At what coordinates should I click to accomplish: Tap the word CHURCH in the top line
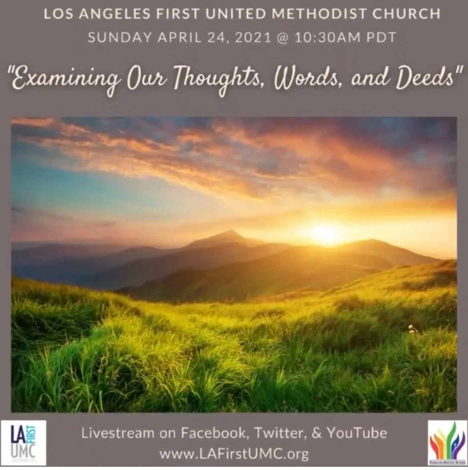[406, 14]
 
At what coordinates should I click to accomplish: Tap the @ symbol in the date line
[282, 37]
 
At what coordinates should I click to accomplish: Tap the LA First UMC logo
[24, 442]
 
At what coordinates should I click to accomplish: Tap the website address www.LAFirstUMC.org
[234, 454]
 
